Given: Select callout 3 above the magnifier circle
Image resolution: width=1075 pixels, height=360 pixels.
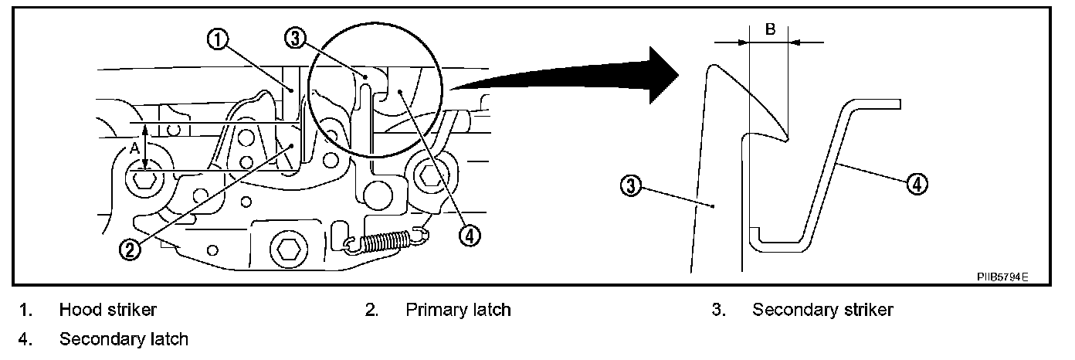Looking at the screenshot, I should pos(295,38).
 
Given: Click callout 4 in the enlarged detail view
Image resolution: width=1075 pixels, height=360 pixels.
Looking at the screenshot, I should pos(917,185).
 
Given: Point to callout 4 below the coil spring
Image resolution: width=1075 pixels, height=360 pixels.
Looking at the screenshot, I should pos(467,234).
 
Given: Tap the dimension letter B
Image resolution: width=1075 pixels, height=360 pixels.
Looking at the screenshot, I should pos(770,30).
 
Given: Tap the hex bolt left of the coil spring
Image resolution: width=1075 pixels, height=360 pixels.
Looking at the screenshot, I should pos(288,249).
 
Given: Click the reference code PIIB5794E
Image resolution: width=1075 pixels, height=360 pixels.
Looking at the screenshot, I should pos(1002,276).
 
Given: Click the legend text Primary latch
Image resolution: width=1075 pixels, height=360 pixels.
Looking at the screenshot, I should pos(458,311).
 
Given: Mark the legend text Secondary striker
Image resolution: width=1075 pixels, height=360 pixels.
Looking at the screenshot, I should pos(822,311).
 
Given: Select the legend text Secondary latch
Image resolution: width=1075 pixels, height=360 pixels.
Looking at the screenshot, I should pos(124,339).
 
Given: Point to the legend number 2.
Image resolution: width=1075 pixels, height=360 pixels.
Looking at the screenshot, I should pos(371,311).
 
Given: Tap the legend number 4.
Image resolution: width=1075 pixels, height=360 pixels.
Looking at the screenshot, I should pos(25,339).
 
